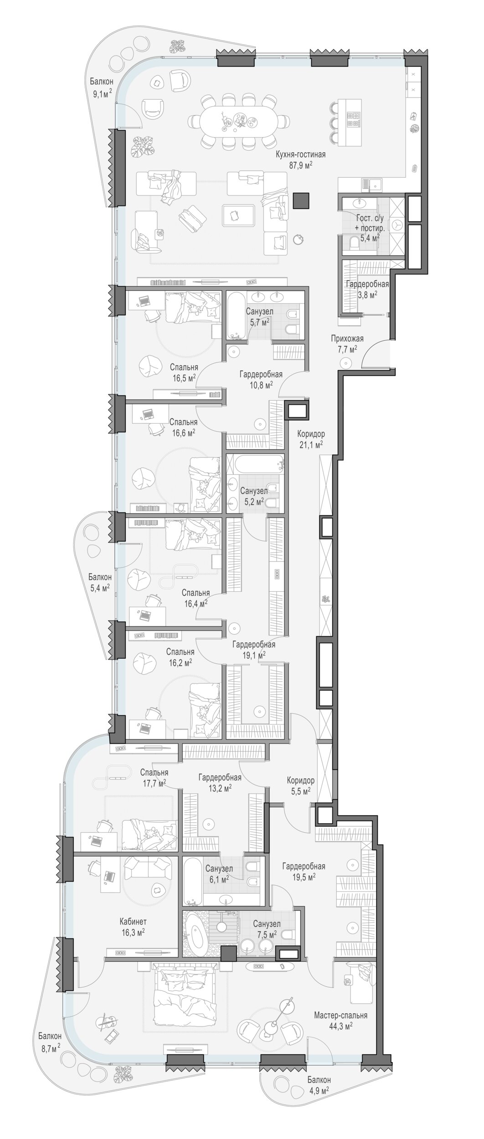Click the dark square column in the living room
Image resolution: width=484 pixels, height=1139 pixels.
point(301,200)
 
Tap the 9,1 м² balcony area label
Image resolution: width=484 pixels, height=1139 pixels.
point(101,94)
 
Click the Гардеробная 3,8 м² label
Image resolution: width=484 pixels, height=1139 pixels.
point(367,289)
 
